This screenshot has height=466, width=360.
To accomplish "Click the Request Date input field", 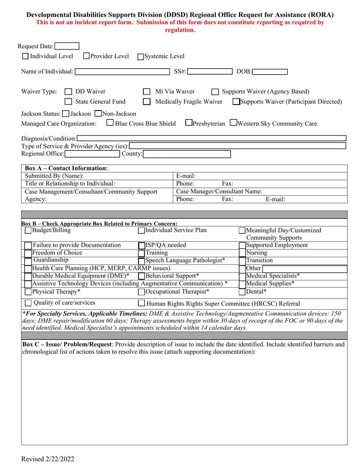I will pyautogui.click(x=67, y=46).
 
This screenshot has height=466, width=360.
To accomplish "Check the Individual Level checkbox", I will pyautogui.click(x=25, y=56).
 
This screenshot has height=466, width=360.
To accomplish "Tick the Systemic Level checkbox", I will pyautogui.click(x=140, y=57).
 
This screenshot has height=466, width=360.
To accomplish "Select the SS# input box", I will pyautogui.click(x=210, y=72).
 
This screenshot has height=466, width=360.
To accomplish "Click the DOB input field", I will pyautogui.click(x=270, y=72).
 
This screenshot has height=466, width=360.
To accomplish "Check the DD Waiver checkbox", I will pyautogui.click(x=68, y=92).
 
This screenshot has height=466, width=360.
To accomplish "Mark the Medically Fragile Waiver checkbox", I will pyautogui.click(x=146, y=102).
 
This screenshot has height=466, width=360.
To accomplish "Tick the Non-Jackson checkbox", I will pyautogui.click(x=98, y=113).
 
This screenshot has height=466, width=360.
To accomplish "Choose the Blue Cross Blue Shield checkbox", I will pyautogui.click(x=110, y=123).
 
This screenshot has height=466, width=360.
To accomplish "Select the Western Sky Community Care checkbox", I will pyautogui.click(x=234, y=123).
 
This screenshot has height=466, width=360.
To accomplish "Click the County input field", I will pyautogui.click(x=187, y=154).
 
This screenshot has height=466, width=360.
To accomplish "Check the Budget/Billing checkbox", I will pyautogui.click(x=28, y=230).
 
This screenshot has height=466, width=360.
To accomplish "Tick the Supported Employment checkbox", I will pyautogui.click(x=242, y=246).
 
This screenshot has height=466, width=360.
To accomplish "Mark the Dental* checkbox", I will pyautogui.click(x=242, y=292).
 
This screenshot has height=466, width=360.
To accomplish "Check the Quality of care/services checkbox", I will pyautogui.click(x=28, y=303).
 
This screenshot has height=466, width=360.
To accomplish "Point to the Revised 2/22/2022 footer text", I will pyautogui.click(x=48, y=459).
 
